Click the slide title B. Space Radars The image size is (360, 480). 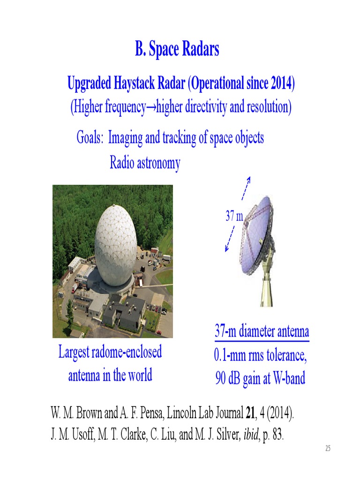coord(177,49)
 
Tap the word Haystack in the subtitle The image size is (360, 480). coord(135,84)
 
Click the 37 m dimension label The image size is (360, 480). coord(234,216)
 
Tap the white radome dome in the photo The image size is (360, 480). coord(115,243)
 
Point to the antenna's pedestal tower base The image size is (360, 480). coord(266,286)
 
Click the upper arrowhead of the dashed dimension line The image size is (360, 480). coord(249,179)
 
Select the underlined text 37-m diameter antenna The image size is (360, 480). coord(262,332)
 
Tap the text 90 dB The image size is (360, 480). coord(228,378)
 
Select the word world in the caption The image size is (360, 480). coord(138,375)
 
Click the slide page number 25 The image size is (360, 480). coord(328,449)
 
